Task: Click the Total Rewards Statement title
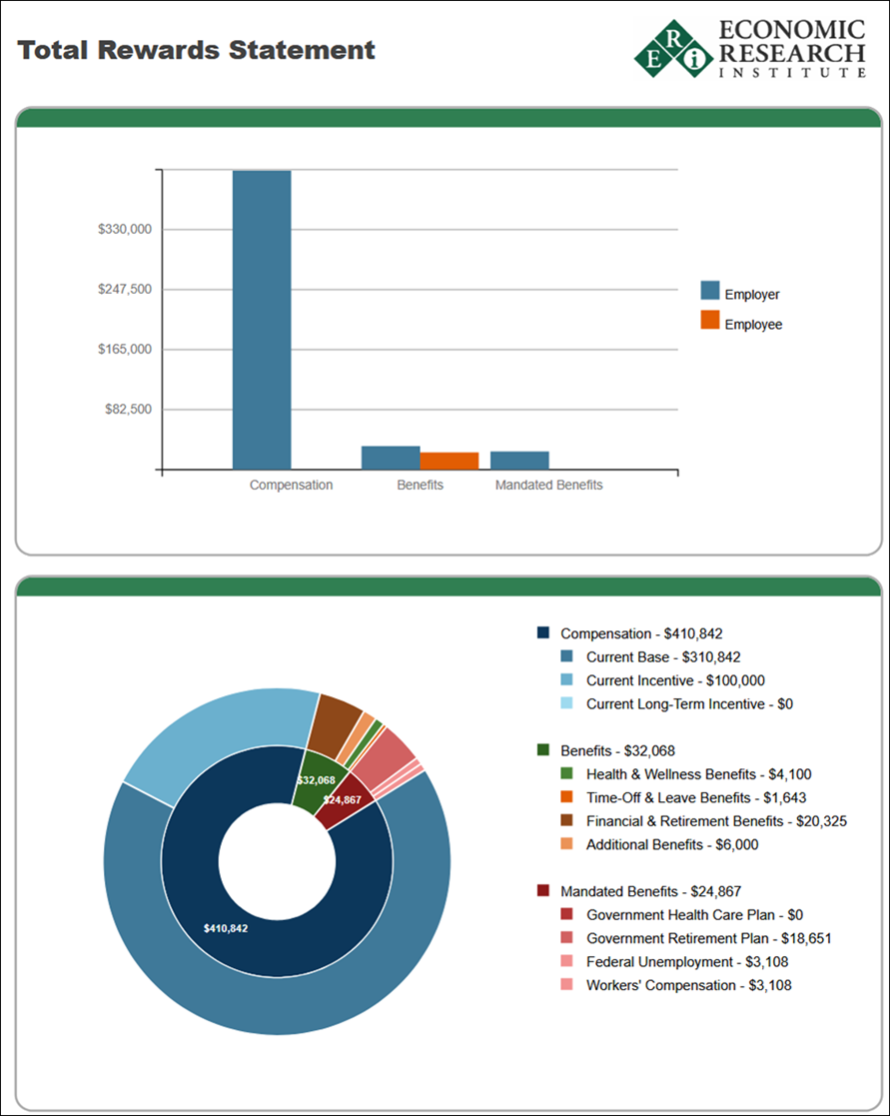pos(196,50)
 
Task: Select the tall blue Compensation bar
pos(262,320)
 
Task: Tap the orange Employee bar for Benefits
pos(449,461)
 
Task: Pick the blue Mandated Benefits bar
pos(519,461)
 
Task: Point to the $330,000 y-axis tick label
pos(124,230)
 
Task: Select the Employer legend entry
pos(751,295)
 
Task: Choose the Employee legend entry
pos(752,325)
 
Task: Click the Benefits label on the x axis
pos(420,486)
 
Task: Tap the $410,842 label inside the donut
pos(226,928)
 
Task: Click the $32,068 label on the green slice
pos(316,780)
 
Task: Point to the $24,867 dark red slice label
pos(342,800)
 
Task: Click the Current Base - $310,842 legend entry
pos(663,657)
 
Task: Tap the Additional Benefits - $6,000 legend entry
pos(671,845)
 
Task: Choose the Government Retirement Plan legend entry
pos(708,939)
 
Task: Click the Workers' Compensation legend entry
pos(689,986)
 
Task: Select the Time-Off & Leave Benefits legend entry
pos(695,798)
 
